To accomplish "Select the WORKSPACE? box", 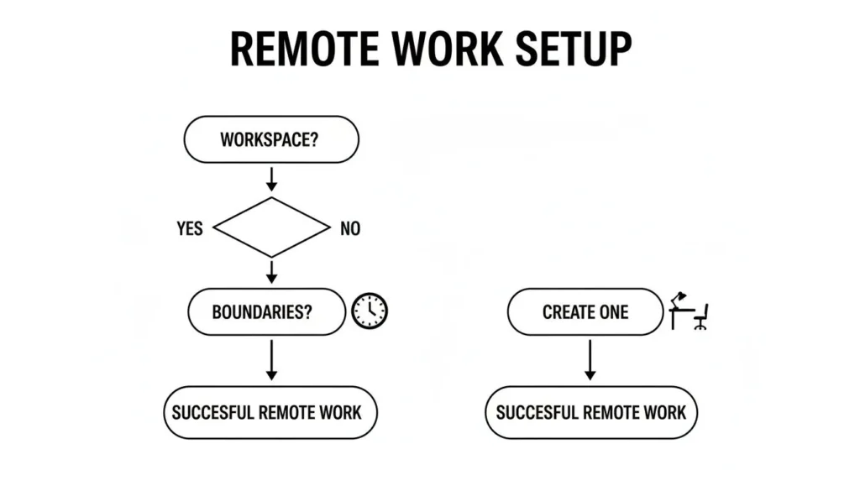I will (x=270, y=139).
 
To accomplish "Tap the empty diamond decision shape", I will (x=271, y=227).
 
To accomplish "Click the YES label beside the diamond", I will (x=190, y=228).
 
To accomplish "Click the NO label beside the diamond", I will (x=350, y=228).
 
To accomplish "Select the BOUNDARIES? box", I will (x=266, y=312).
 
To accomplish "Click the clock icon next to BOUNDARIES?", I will (x=370, y=311).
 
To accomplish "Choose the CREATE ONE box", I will (x=585, y=312).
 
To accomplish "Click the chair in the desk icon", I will (x=701, y=316).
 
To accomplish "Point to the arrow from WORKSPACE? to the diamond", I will (x=271, y=178).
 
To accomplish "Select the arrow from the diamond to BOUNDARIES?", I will (x=271, y=271).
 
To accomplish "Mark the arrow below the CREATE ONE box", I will (x=590, y=359).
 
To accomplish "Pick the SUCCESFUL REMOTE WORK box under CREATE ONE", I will (x=590, y=412).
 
